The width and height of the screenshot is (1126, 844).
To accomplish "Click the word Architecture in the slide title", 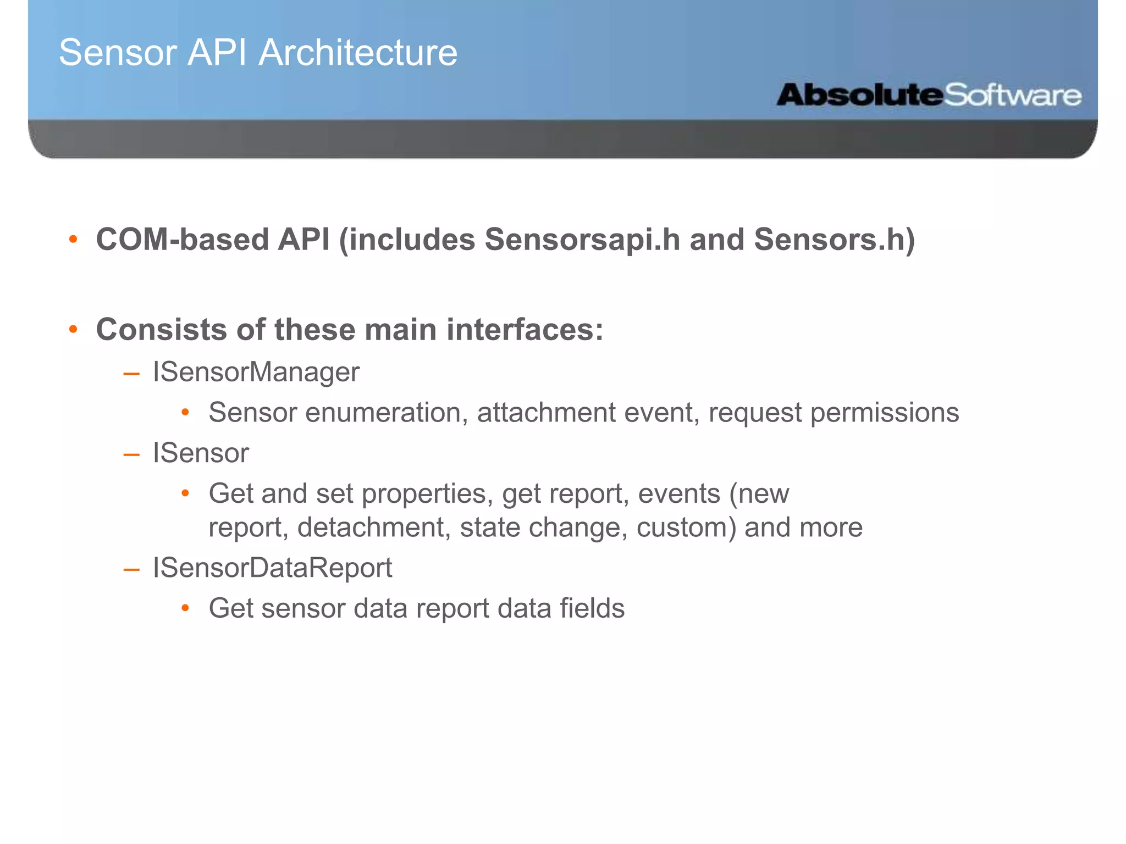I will (358, 53).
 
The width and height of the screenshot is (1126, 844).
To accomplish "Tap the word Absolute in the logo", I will (859, 95).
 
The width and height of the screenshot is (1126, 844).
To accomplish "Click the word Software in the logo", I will (1013, 95).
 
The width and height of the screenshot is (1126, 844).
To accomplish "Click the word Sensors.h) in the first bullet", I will (834, 240).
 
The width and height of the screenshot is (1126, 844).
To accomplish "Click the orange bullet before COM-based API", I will (73, 240).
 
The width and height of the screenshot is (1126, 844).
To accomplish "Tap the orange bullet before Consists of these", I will (73, 330).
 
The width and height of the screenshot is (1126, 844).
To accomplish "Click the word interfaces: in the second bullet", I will (525, 330).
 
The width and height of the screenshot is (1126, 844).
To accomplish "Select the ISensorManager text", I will (256, 372).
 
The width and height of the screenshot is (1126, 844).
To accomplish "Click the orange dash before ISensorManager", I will (131, 374).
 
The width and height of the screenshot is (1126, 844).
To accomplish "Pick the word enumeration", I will (383, 413).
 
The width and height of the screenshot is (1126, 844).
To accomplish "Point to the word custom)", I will (686, 527).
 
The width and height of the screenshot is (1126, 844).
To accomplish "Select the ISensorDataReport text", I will (272, 568).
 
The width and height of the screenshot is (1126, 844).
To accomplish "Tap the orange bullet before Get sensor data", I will (185, 608).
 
